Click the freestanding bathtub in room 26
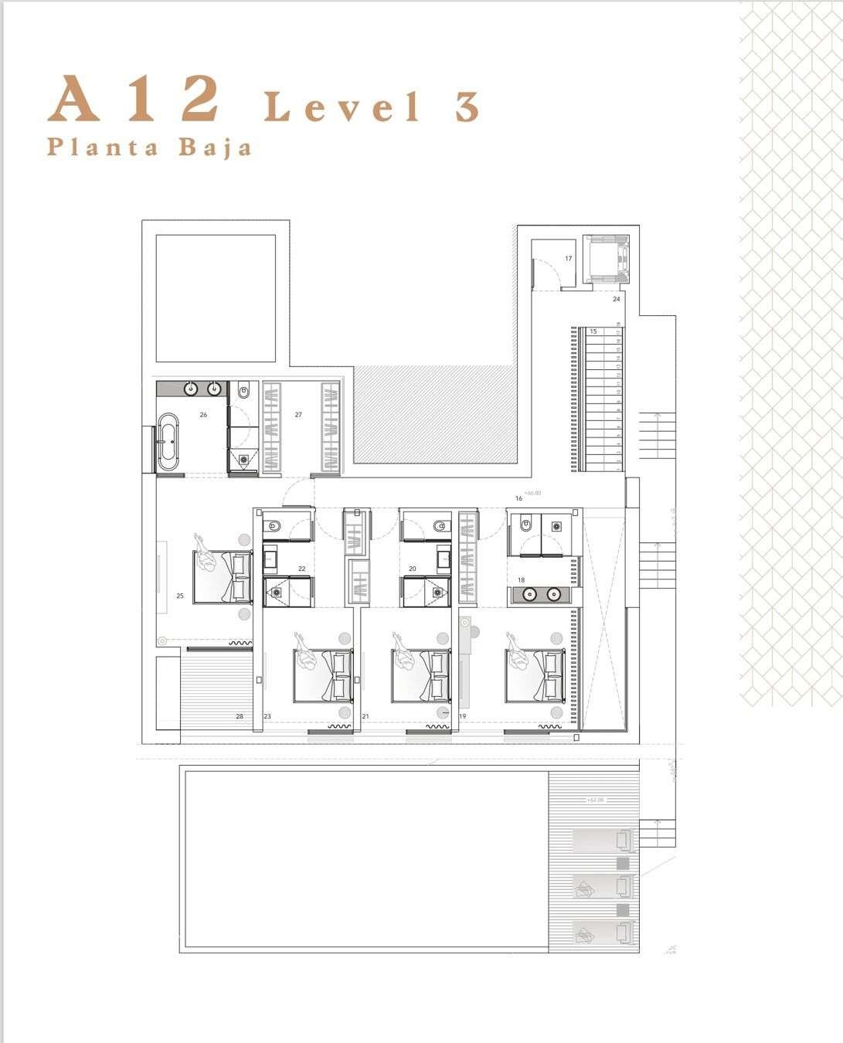[x=168, y=442]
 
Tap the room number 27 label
[x=298, y=415]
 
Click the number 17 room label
[x=569, y=259]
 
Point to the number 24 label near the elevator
[x=616, y=298]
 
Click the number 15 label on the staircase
[x=593, y=331]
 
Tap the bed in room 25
[x=223, y=576]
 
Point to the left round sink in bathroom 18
[x=529, y=595]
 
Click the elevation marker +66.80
[x=532, y=492]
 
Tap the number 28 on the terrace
[x=240, y=717]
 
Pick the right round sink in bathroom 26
[x=215, y=388]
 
